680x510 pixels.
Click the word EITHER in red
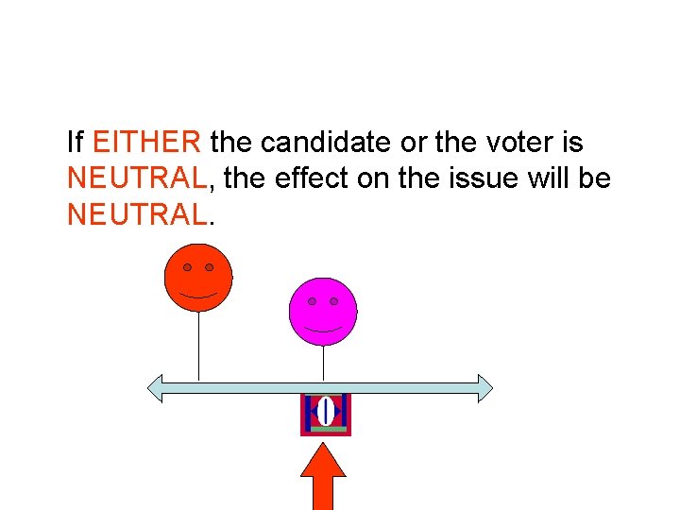pos(146,143)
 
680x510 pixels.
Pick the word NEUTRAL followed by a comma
pos(138,178)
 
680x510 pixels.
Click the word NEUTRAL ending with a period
pos(138,214)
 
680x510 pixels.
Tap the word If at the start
pos(76,143)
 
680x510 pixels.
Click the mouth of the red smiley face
pos(198,296)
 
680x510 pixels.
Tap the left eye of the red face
pos(187,267)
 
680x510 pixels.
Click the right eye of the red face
pos(210,267)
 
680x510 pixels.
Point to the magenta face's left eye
pos(312,301)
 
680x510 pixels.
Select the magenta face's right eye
pos(334,301)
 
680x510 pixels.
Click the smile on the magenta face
pos(323,330)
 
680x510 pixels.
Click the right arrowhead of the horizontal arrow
pos(484,388)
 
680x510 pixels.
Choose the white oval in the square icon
pos(326,412)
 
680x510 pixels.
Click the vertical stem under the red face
pos(198,345)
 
